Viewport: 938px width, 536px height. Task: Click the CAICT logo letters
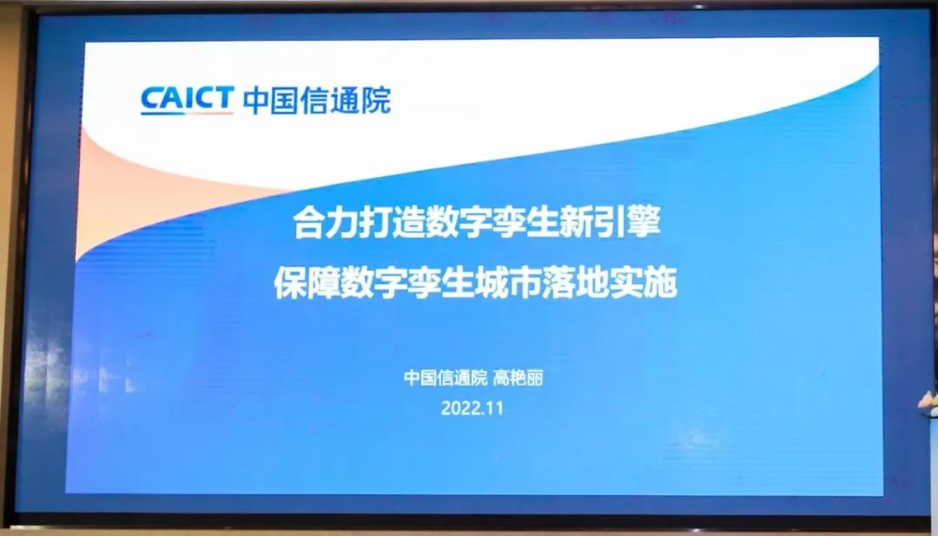pos(188,98)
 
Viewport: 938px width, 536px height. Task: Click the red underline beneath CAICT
pos(187,113)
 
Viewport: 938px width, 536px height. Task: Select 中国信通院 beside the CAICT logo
pos(317,100)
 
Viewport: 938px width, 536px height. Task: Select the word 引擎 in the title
pos(628,221)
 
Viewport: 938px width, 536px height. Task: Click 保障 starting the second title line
pos(307,282)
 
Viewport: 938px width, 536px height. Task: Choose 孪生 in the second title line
pos(441,282)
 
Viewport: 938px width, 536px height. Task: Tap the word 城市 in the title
pos(508,282)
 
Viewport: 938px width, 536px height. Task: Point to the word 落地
pos(576,282)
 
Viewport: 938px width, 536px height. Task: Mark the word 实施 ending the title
pos(644,282)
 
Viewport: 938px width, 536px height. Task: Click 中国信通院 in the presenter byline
pos(446,377)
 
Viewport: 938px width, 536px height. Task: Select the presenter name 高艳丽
pos(518,377)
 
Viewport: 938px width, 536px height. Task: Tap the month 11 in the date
pos(495,409)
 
